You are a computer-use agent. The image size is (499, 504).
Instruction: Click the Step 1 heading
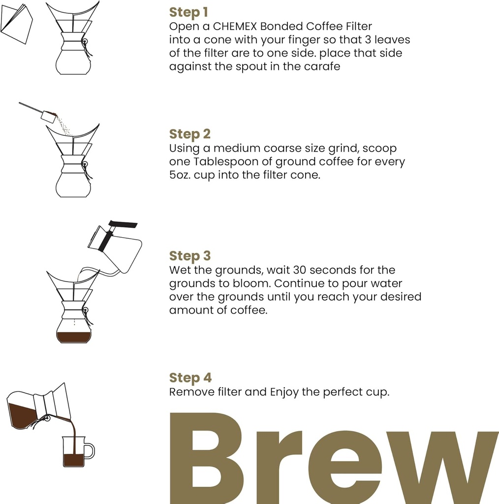pyautogui.click(x=188, y=12)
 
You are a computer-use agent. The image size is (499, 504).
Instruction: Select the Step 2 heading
pyautogui.click(x=189, y=134)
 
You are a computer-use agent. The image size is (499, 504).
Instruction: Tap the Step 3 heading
pyautogui.click(x=189, y=256)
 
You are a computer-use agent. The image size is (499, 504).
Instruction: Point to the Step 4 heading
pyautogui.click(x=190, y=378)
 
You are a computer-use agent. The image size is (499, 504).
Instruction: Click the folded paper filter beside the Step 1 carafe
pyautogui.click(x=17, y=23)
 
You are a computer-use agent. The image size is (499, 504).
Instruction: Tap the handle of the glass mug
pyautogui.click(x=90, y=450)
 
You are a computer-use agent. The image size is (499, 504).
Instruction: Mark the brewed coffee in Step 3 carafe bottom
pyautogui.click(x=74, y=337)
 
